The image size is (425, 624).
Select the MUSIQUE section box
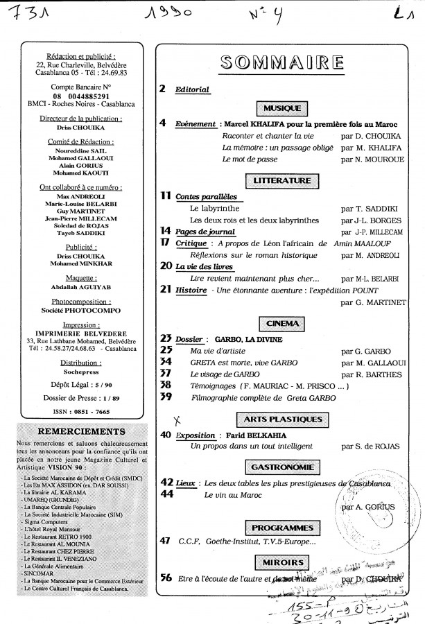[x=281, y=107]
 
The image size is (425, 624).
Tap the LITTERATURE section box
[x=281, y=181]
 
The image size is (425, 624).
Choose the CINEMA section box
[x=281, y=323]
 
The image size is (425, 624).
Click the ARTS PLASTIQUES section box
[x=281, y=419]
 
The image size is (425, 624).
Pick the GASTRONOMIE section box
[x=281, y=467]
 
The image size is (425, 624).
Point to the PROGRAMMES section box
[x=281, y=528]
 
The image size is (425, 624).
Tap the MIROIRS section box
[x=281, y=562]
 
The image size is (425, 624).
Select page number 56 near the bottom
[x=166, y=577]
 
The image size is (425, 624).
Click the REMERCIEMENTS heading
[x=78, y=429]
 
